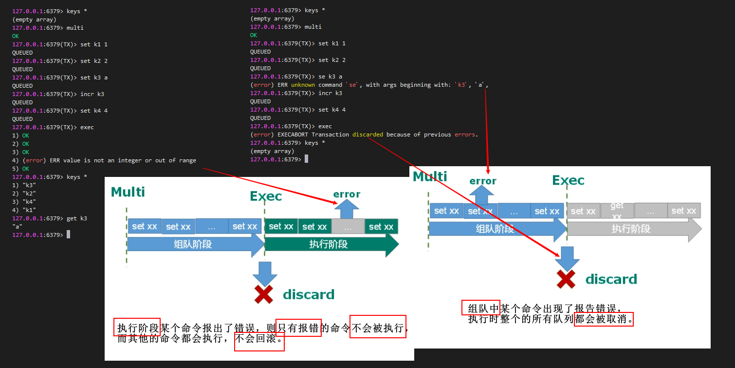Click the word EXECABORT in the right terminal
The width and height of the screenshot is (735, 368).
click(x=293, y=135)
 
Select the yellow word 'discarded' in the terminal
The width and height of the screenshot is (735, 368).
click(x=367, y=135)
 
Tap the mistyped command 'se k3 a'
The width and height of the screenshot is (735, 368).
click(x=330, y=77)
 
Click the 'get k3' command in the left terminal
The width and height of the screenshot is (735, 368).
click(x=77, y=218)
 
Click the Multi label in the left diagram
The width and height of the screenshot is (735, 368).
click(x=128, y=192)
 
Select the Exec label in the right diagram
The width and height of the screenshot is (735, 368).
click(x=568, y=180)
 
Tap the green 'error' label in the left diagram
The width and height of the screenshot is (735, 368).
click(x=347, y=194)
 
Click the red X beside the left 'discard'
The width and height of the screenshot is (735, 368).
click(x=264, y=294)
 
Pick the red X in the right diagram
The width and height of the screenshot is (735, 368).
click(x=566, y=279)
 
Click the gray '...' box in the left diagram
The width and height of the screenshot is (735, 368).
click(x=348, y=227)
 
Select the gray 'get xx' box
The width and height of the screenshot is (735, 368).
click(x=617, y=211)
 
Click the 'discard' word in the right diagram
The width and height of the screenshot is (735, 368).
click(x=611, y=279)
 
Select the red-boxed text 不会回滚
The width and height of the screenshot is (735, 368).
click(x=259, y=339)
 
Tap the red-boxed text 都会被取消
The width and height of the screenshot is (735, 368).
click(x=604, y=319)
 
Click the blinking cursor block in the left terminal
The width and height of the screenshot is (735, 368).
click(x=69, y=235)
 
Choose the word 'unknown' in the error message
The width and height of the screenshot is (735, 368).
click(x=303, y=85)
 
